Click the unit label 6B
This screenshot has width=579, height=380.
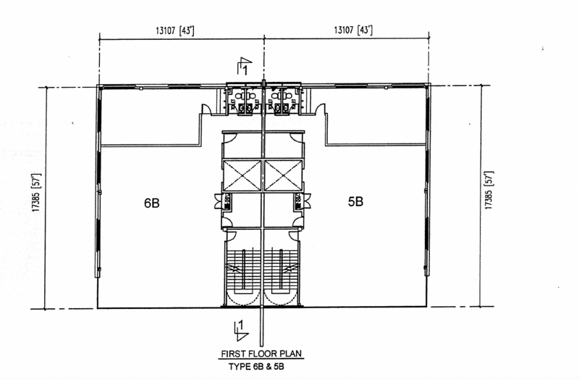(152, 203)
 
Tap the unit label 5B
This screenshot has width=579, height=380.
(355, 202)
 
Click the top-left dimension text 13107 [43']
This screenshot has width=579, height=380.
(175, 30)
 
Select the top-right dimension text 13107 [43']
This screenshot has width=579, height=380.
(353, 30)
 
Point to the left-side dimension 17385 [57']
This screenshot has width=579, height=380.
(37, 192)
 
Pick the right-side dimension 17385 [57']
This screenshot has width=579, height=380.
(489, 190)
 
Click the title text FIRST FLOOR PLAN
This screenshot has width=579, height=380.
(261, 354)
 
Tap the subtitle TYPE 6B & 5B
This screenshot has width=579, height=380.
(256, 367)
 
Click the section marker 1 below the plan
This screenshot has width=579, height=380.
(241, 330)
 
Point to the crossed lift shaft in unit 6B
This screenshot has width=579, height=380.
(242, 175)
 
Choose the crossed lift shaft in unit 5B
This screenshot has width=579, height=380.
(283, 175)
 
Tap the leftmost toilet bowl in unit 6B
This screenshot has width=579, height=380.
(240, 96)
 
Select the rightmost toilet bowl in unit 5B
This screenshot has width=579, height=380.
(288, 96)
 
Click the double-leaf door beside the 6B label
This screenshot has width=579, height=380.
(219, 202)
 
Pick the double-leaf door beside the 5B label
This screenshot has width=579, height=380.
(307, 202)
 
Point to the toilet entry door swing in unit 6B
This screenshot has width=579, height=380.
(206, 109)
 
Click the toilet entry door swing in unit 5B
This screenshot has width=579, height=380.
(320, 109)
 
